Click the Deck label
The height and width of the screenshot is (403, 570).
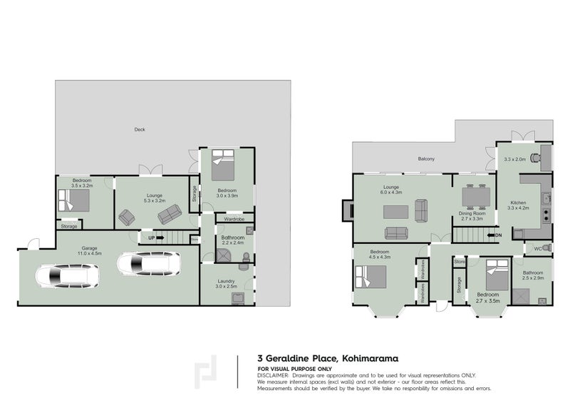point(140,129)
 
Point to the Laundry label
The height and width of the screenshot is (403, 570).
point(227,282)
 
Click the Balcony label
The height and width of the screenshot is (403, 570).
point(426,159)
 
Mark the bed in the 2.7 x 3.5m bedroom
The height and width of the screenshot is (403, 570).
point(494,272)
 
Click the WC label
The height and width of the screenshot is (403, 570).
point(538,248)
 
